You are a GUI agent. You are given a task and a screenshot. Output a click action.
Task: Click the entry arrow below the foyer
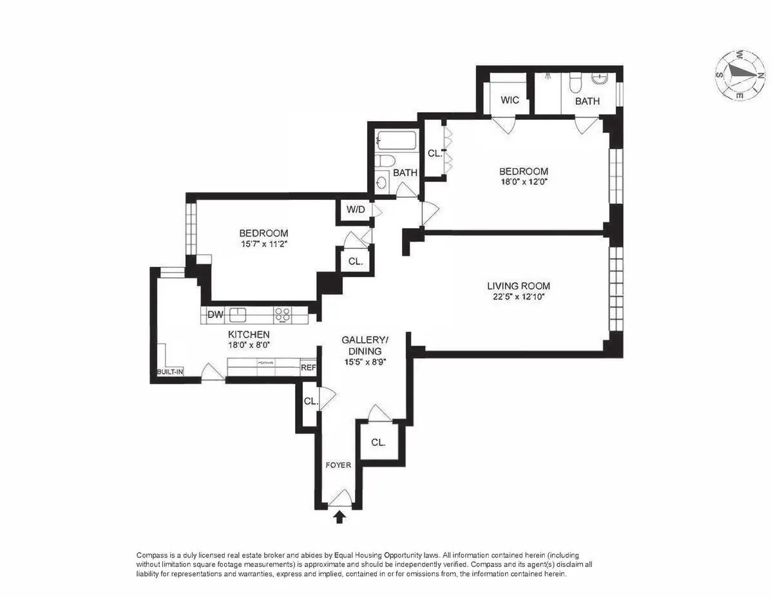(339, 516)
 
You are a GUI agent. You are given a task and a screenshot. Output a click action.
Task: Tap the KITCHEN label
(249, 334)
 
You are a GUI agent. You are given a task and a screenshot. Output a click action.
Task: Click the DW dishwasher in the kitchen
(215, 315)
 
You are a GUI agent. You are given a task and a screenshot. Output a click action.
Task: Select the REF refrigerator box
(309, 368)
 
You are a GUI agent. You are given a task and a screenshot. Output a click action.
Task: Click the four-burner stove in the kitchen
(282, 315)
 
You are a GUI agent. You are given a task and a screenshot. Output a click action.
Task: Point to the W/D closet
(355, 210)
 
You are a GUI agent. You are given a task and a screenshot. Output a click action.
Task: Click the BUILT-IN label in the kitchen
(170, 372)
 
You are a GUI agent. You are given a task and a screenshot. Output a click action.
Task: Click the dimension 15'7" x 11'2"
(263, 244)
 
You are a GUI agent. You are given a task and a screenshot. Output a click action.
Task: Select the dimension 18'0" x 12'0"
(524, 182)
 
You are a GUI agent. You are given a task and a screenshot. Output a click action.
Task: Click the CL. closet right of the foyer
(378, 443)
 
